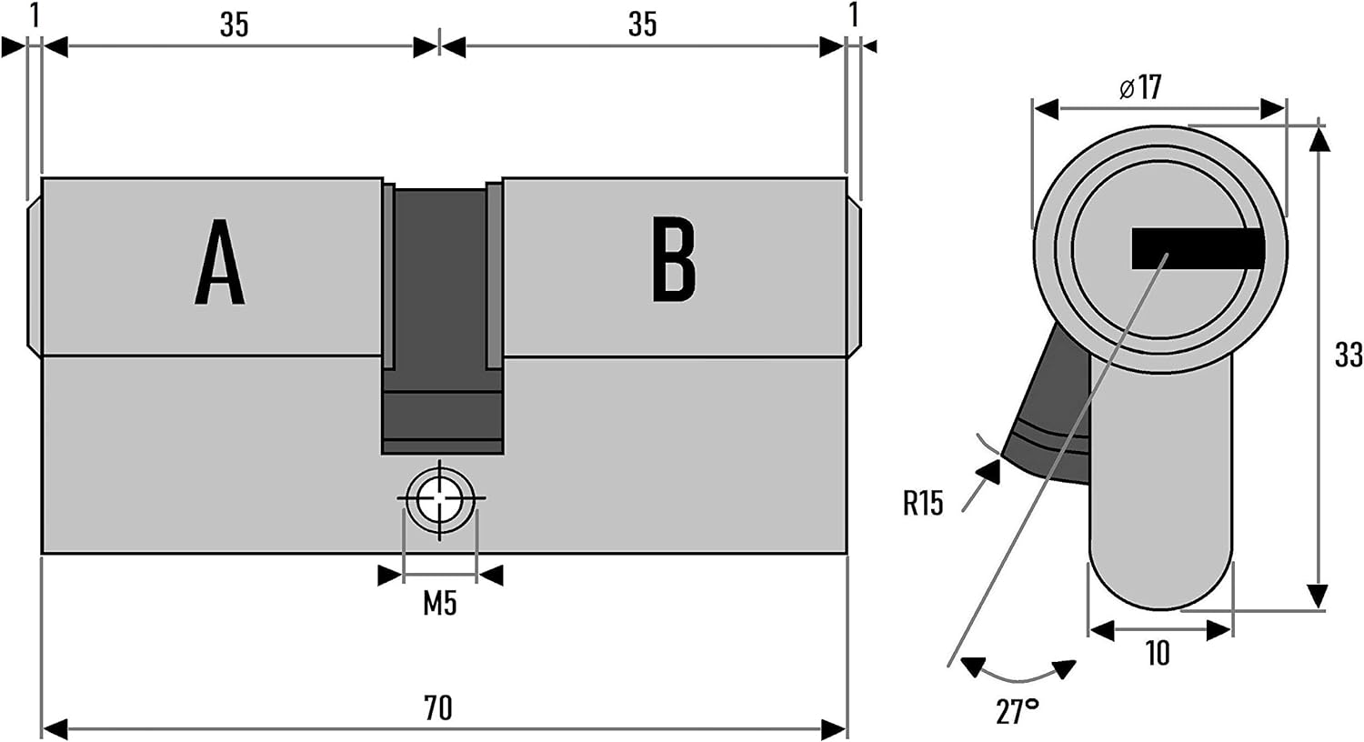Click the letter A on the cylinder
[x=219, y=262]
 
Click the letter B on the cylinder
[x=674, y=260]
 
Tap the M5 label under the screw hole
[x=440, y=603]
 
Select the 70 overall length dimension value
[x=437, y=707]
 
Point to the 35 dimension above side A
[x=234, y=25]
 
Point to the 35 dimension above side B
[x=642, y=25]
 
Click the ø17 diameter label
[x=1140, y=87]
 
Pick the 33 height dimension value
[x=1348, y=355]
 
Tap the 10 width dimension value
[x=1158, y=653]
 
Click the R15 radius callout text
[x=923, y=503]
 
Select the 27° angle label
[x=1017, y=710]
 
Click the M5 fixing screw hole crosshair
[x=441, y=498]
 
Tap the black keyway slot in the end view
[x=1197, y=248]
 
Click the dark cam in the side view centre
[x=442, y=318]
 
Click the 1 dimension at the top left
[x=35, y=15]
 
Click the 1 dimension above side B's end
[x=853, y=15]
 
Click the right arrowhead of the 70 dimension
[x=834, y=728]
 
